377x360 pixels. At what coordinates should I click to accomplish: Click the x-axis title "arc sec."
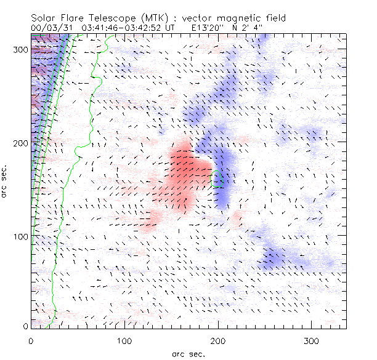point(188,353)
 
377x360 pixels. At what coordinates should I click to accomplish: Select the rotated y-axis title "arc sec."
point(5,181)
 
